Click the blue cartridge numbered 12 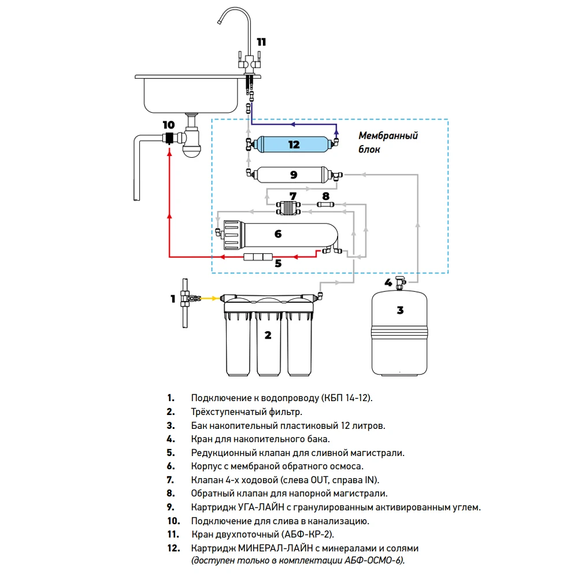[294, 143]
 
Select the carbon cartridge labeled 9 [294, 173]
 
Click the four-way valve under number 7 [287, 207]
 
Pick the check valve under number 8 [325, 204]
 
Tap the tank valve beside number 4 [401, 283]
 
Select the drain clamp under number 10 [169, 139]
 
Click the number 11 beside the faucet [262, 42]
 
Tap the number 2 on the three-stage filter [268, 335]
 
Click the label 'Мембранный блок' [388, 142]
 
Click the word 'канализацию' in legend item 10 [340, 521]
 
